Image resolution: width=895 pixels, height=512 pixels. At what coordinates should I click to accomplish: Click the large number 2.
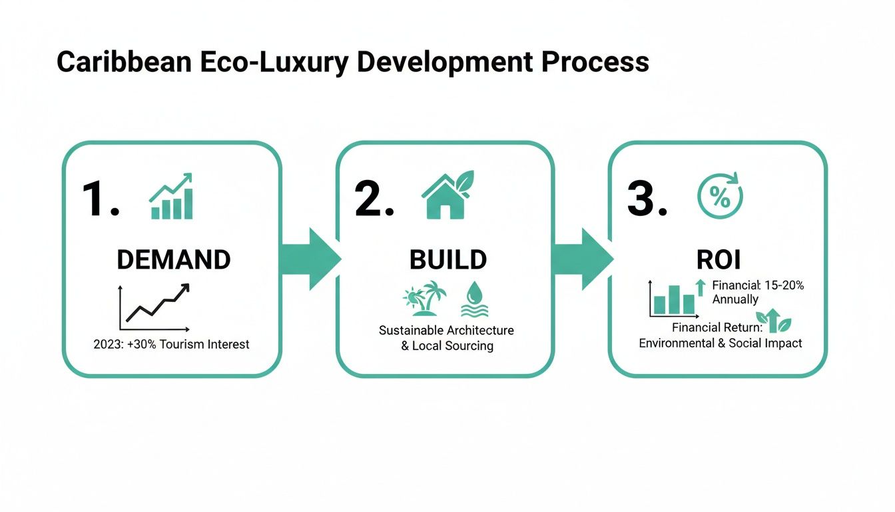[x=374, y=199]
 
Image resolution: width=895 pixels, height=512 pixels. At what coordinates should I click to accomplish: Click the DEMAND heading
[x=173, y=260]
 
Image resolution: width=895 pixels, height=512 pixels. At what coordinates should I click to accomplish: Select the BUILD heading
[x=447, y=260]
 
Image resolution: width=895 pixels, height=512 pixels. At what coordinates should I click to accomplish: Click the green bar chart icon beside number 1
[x=171, y=197]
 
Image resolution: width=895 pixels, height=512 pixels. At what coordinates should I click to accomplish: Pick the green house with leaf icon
[x=447, y=195]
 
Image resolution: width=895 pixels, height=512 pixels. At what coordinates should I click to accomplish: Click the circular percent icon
[x=719, y=196]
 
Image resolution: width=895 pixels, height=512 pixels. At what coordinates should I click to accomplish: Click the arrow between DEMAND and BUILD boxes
[x=310, y=259]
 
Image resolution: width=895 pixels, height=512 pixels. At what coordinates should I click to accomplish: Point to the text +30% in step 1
[x=153, y=345]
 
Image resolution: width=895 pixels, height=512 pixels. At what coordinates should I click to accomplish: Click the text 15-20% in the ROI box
[x=784, y=285]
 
